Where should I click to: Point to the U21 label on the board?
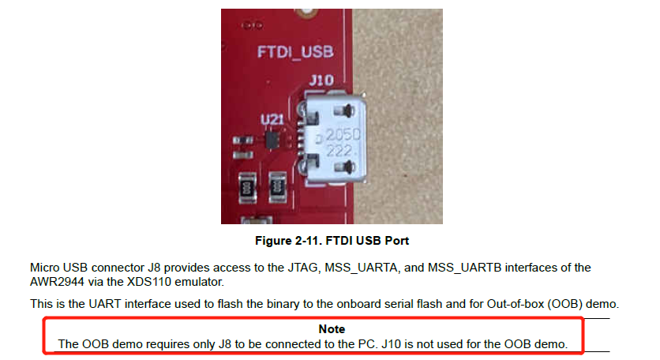coord(272,118)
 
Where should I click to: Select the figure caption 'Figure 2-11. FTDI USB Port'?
coord(331,239)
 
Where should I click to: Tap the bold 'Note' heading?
coord(332,328)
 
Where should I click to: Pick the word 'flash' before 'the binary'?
coord(212,304)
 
